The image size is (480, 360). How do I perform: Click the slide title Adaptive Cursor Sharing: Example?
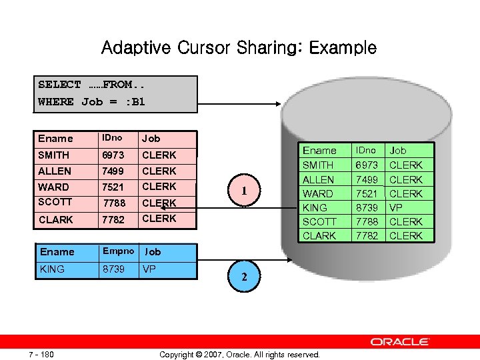239,48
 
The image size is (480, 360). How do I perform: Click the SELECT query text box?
117,93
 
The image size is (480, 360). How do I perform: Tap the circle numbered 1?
244,191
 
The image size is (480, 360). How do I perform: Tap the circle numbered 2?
244,279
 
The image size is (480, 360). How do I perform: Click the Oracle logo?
399,342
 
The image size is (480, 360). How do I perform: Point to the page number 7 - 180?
41,354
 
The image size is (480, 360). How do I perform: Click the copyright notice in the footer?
239,354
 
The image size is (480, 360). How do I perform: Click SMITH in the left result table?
53,155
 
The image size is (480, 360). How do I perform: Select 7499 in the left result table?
114,171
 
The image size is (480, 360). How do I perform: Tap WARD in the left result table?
53,187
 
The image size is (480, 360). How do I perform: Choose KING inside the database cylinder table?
315,207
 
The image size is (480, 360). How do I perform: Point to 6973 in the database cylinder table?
366,165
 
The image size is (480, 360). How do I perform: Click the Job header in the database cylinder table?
398,151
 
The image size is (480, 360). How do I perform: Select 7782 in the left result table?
114,219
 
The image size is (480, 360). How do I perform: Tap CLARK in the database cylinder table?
319,235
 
